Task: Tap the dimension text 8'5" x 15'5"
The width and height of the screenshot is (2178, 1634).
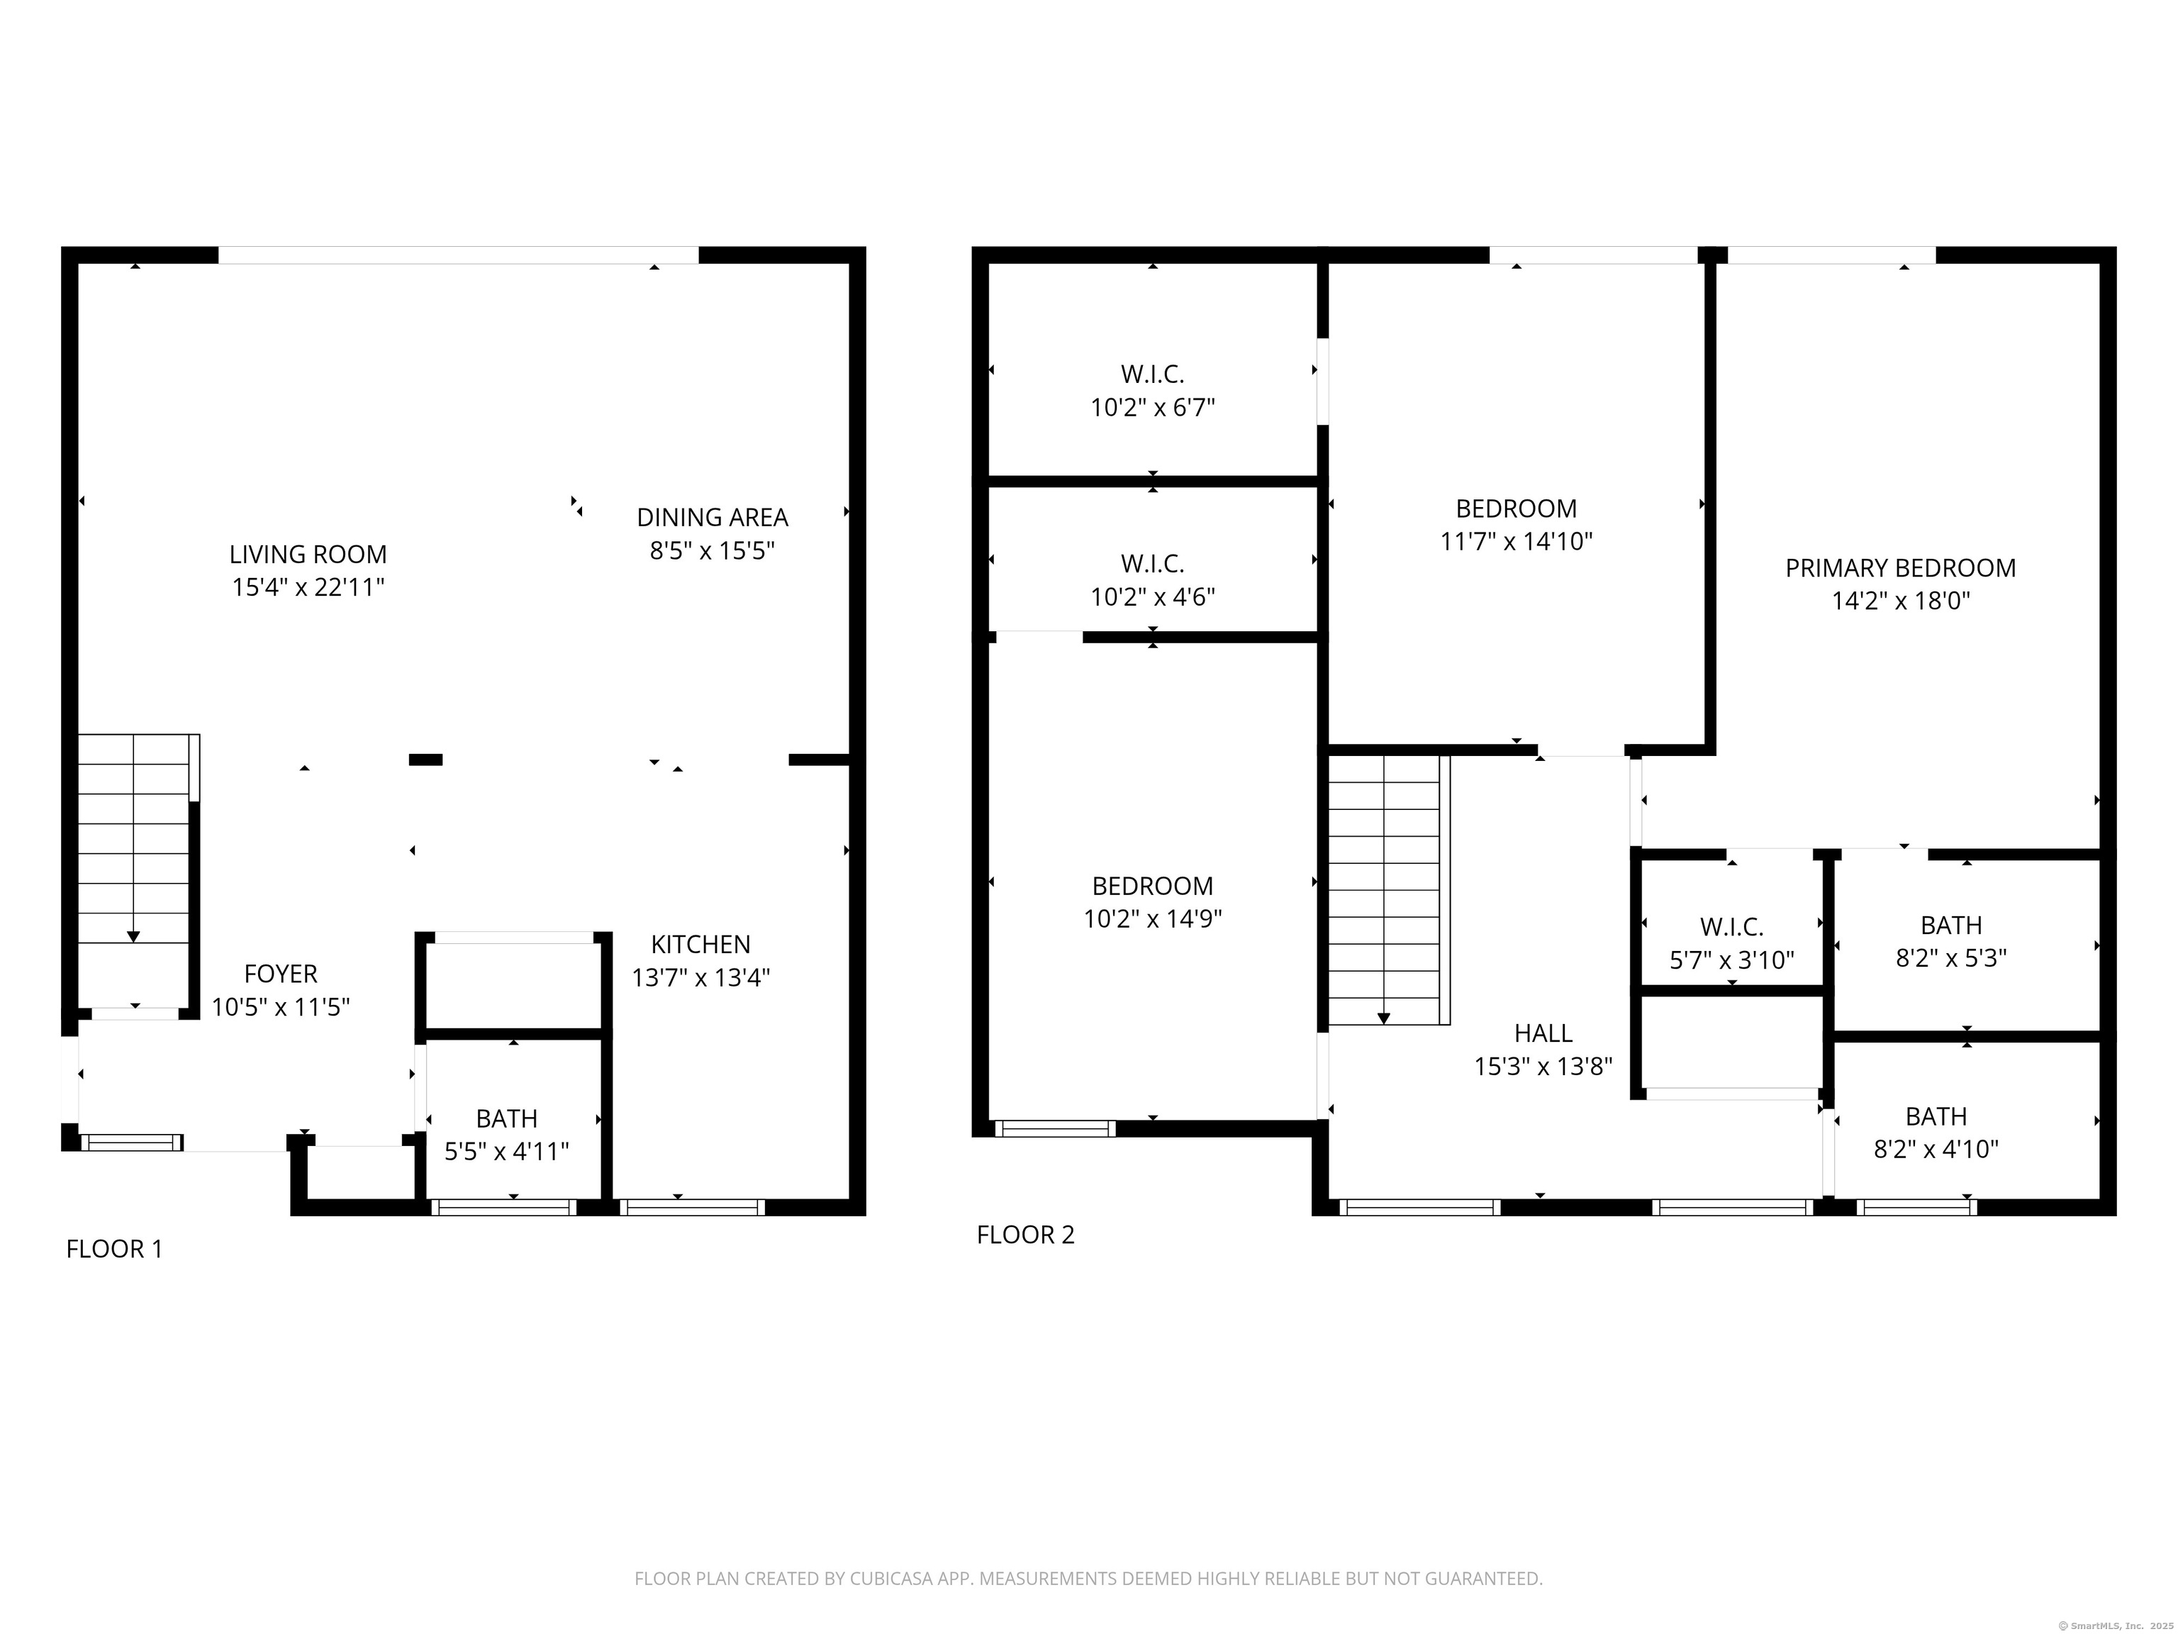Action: (x=712, y=550)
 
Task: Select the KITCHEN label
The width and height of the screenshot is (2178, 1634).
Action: (x=700, y=945)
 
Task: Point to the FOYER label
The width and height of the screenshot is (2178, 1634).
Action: (x=281, y=974)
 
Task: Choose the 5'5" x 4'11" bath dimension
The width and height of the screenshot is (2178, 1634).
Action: (x=506, y=1151)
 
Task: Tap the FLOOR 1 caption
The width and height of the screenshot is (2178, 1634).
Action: (x=114, y=1249)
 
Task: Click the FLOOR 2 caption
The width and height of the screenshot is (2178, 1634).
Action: (x=1025, y=1234)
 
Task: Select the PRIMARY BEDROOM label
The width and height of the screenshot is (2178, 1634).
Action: (x=1900, y=568)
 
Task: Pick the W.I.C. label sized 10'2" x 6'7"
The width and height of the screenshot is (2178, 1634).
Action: (x=1152, y=374)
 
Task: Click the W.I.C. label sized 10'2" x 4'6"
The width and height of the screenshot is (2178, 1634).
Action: (x=1152, y=563)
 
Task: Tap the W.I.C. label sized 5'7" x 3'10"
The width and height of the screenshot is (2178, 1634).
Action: (x=1731, y=927)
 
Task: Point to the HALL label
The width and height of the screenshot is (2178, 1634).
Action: (x=1543, y=1033)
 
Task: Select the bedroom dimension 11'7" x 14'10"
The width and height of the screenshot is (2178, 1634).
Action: (x=1517, y=542)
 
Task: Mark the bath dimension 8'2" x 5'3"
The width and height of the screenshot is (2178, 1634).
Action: (x=1950, y=958)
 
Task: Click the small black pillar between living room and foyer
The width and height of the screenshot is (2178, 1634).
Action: (x=425, y=760)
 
